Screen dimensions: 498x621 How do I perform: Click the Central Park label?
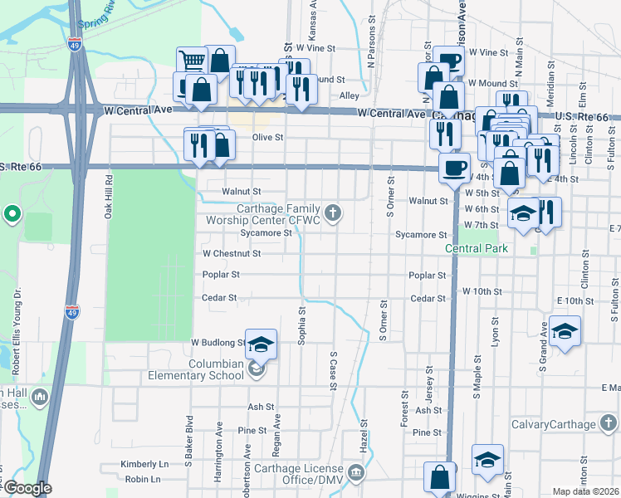[475, 248]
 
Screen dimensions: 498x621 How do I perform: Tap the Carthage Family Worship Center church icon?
[333, 214]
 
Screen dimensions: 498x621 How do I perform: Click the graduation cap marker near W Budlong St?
[261, 345]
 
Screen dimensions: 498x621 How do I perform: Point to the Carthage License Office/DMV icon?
[356, 474]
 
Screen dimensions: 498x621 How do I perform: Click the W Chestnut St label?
[232, 253]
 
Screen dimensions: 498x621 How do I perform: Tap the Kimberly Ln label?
[144, 463]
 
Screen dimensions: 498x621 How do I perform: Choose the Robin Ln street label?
[143, 479]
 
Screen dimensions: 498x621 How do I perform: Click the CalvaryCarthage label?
[577, 424]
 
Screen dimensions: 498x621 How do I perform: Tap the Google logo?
[27, 489]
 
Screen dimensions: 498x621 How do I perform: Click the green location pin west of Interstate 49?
[12, 215]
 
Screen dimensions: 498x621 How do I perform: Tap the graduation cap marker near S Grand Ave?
[565, 333]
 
